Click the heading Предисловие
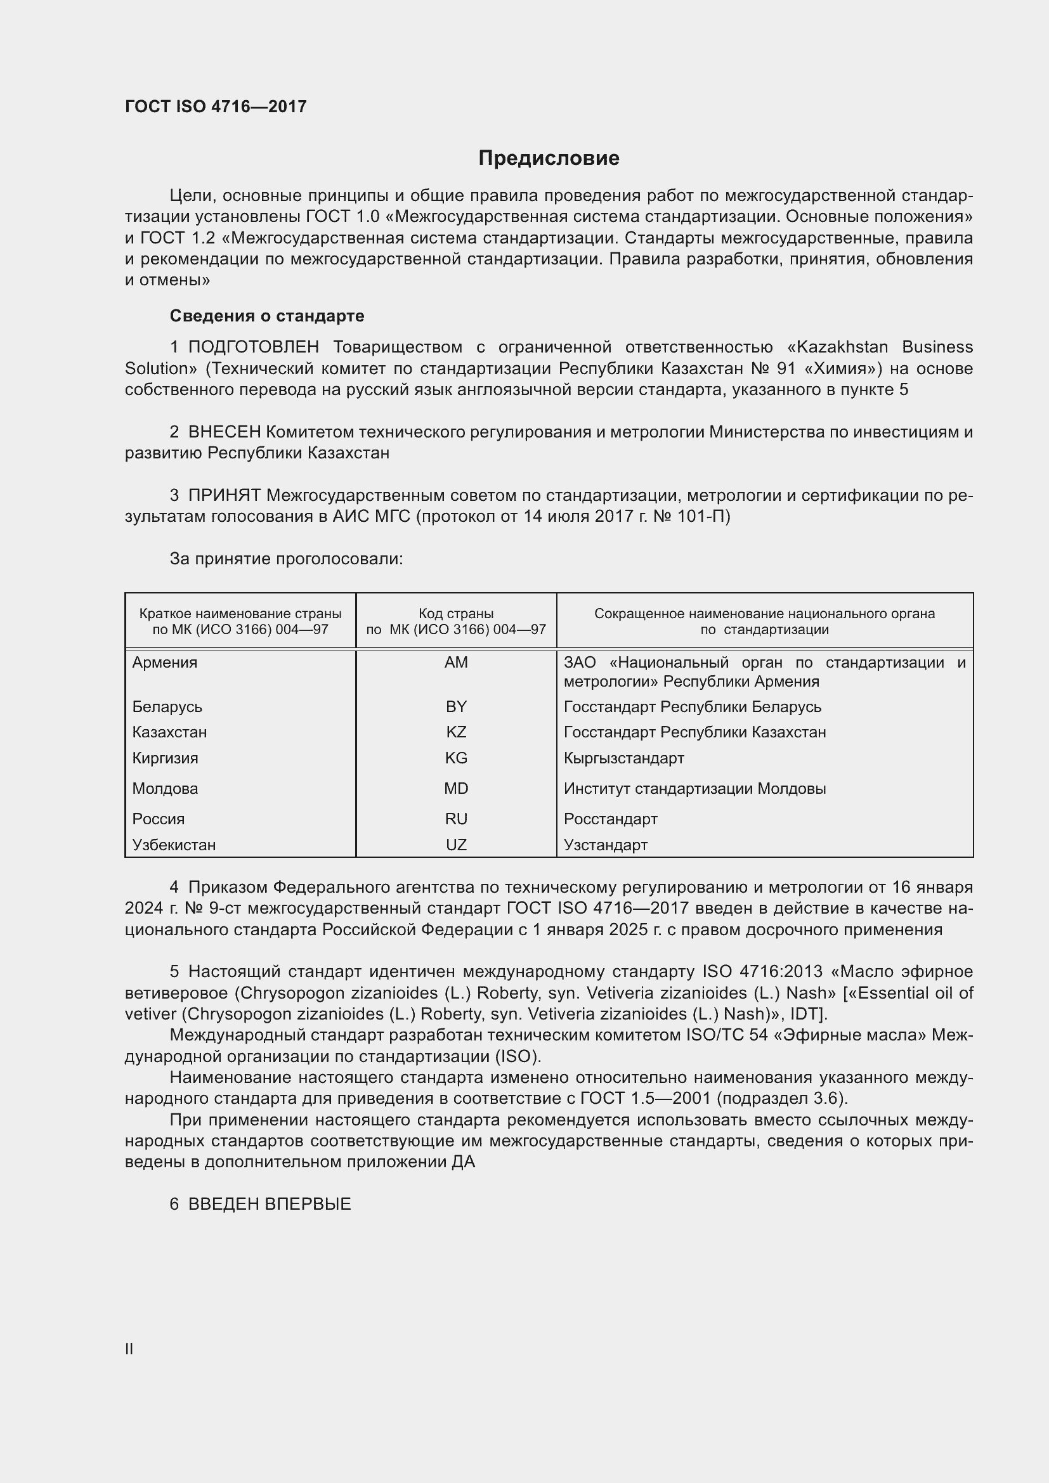[x=549, y=159]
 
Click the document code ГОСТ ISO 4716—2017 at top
[x=216, y=107]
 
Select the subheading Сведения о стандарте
[x=267, y=316]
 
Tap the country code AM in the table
[x=456, y=662]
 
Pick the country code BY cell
[x=456, y=706]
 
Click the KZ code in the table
[x=456, y=732]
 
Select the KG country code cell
[x=456, y=758]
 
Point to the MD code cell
[x=456, y=788]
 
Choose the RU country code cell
[x=456, y=819]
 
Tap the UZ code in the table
[x=456, y=845]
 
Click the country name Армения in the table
[x=165, y=662]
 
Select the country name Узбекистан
[x=174, y=845]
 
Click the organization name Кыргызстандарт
[x=623, y=758]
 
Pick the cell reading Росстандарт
[x=610, y=819]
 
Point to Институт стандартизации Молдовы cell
[x=694, y=788]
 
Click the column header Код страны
[x=456, y=614]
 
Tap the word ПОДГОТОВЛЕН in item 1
[x=253, y=347]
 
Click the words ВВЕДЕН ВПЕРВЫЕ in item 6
[x=270, y=1203]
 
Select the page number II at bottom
[x=129, y=1348]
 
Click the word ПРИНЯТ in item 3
[x=224, y=495]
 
